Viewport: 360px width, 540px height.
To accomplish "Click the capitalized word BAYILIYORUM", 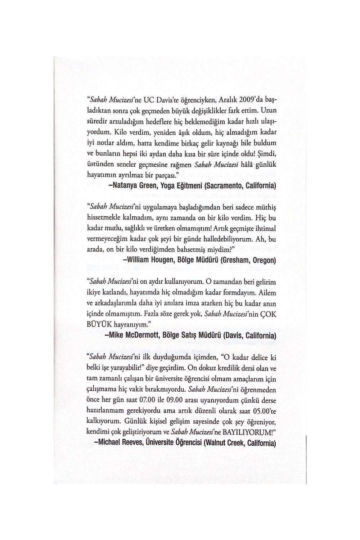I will [243, 431].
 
